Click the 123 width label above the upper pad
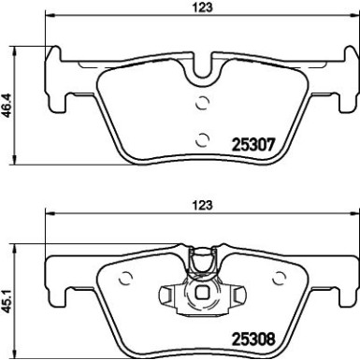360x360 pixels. [201, 7]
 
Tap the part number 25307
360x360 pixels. [252, 145]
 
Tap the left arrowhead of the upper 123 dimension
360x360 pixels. [50, 16]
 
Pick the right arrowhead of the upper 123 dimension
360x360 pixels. [353, 16]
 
